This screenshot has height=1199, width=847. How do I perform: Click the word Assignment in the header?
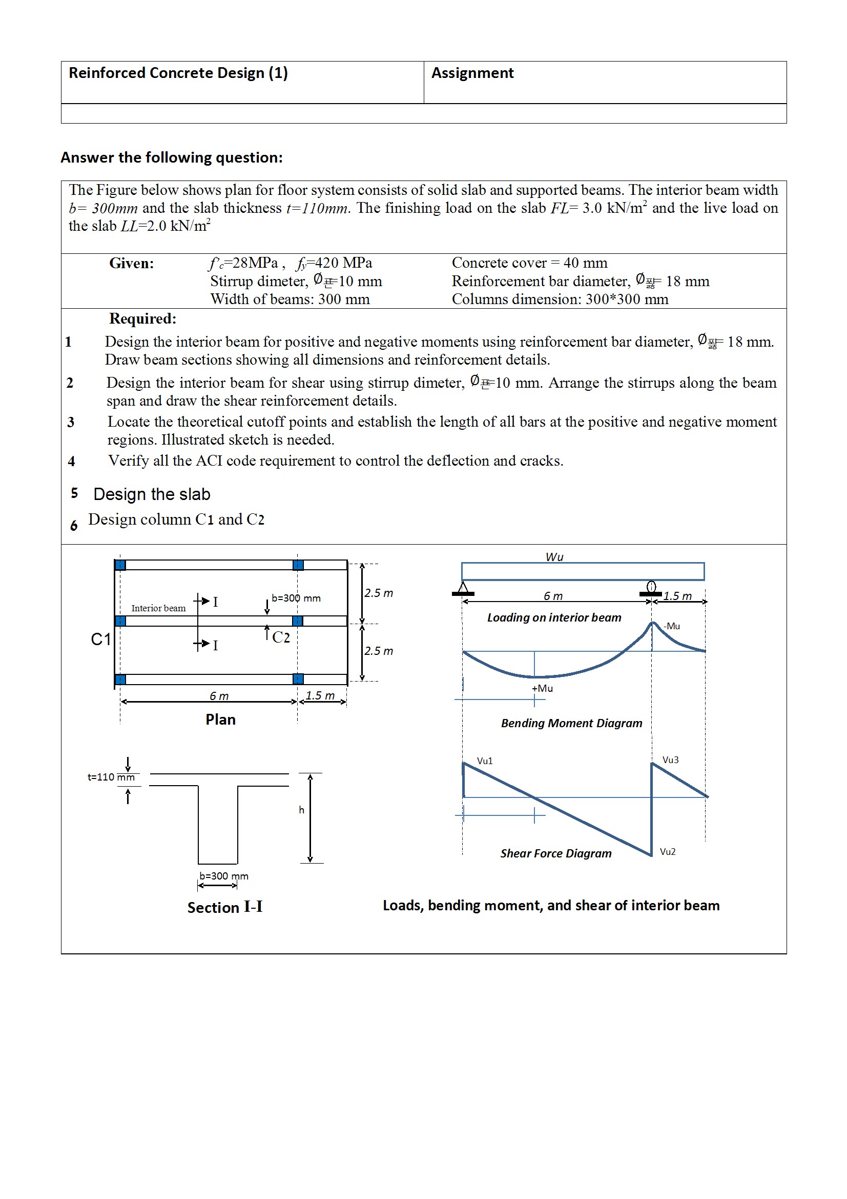point(472,73)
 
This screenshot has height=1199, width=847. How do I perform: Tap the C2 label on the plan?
point(281,637)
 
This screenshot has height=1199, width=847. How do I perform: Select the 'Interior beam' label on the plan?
point(158,608)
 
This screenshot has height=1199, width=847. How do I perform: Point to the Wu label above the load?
point(554,557)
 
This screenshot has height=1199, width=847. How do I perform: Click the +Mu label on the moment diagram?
point(542,688)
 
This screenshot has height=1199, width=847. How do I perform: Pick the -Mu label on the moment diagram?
point(672,626)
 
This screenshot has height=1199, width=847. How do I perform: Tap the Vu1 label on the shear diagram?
point(485,761)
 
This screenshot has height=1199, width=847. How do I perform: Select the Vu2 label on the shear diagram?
point(668,852)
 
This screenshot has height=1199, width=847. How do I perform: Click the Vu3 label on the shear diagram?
point(671,760)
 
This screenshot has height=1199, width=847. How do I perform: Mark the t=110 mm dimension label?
point(111,777)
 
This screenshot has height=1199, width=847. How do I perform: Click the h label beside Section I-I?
point(301,810)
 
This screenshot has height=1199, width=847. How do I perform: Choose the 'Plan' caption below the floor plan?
point(220,720)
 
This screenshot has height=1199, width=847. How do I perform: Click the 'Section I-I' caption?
point(224,908)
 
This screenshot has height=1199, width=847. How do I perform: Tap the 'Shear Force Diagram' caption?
point(556,853)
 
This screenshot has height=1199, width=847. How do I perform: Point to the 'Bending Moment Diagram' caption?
point(571,723)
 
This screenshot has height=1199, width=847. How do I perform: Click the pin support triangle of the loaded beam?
point(463,589)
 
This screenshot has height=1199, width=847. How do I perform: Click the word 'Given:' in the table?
point(132,263)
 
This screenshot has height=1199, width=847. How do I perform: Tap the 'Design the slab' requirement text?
point(152,494)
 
